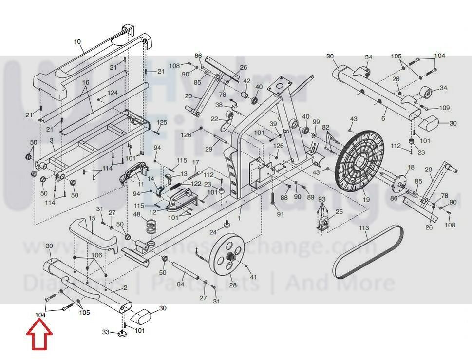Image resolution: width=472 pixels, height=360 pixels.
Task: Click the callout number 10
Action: (77, 42)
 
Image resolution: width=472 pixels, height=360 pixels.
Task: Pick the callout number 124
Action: (113, 93)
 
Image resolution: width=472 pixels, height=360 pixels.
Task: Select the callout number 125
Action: (162, 122)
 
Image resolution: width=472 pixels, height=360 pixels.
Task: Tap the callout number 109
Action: (444, 108)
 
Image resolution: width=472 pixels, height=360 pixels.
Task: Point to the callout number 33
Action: (105, 332)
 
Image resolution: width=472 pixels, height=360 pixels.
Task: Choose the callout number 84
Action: (180, 284)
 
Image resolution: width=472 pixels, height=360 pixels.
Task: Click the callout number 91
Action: (280, 214)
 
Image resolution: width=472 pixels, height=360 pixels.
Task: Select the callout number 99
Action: (316, 122)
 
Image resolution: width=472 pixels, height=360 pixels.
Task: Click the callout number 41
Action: (253, 277)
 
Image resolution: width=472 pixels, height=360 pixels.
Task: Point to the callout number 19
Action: (366, 200)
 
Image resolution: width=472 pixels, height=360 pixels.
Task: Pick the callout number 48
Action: (137, 214)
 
